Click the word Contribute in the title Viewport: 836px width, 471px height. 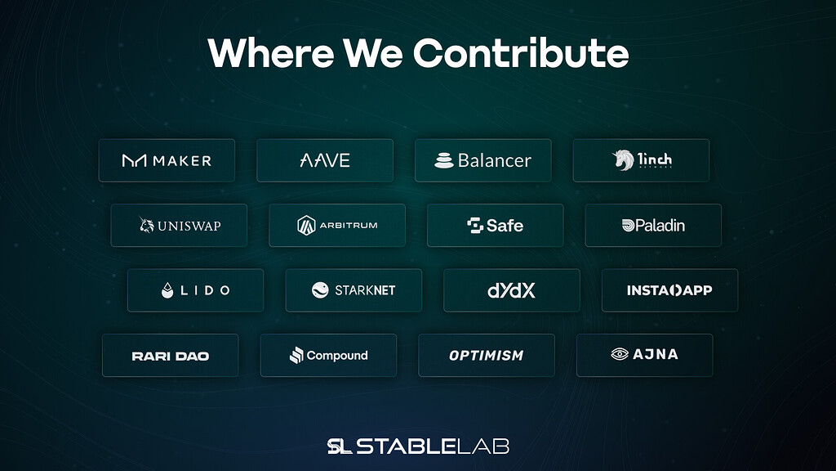[521, 53]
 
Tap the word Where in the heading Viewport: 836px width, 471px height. [269, 53]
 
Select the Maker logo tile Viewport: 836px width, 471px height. [167, 160]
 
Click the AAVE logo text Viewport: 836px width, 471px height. [325, 160]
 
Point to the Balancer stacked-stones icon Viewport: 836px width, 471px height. [443, 160]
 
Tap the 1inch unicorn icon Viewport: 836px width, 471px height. [624, 160]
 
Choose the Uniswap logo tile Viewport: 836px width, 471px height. [179, 225]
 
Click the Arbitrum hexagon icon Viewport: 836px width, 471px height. [306, 225]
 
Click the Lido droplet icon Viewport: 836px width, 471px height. [167, 290]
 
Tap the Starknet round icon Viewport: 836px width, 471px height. [320, 290]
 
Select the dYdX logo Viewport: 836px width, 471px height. [511, 290]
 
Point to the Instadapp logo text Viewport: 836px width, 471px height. [669, 290]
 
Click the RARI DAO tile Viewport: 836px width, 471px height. [170, 356]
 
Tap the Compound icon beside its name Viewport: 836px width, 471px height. [296, 356]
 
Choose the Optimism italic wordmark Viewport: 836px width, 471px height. [486, 356]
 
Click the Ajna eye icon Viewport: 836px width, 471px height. [620, 354]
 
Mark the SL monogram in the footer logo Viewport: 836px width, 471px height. [339, 446]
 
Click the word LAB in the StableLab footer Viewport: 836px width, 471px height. [482, 446]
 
